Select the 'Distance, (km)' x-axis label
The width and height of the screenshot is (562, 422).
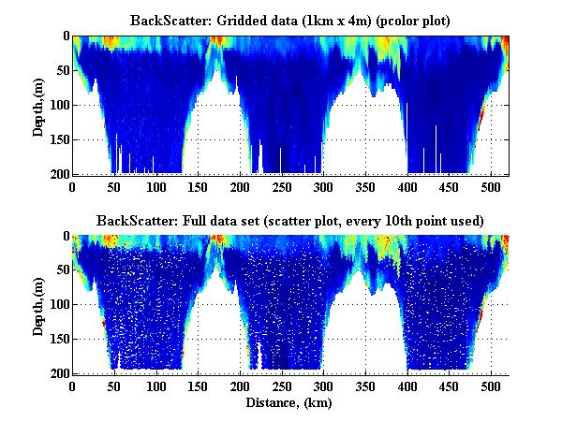coord(290,403)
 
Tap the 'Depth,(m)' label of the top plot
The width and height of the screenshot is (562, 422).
coord(38,105)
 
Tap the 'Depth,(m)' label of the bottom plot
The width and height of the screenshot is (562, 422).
coord(38,305)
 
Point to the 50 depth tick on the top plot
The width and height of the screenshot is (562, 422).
coord(61,70)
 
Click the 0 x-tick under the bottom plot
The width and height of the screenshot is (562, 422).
coord(73,386)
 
